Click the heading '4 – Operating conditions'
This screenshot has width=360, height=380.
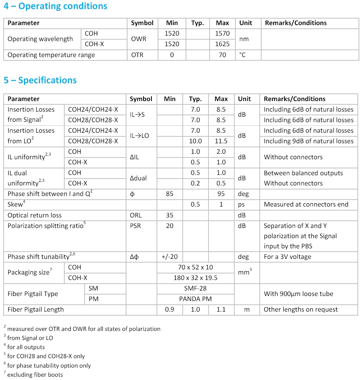[x=56, y=6]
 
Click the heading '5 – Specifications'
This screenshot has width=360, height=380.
[x=40, y=80]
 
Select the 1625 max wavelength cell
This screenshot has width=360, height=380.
[x=222, y=44]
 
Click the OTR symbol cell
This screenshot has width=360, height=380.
[x=137, y=55]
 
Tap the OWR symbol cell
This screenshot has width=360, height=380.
[x=138, y=39]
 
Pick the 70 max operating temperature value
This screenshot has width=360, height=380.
[x=222, y=55]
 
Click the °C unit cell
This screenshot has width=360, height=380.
[x=242, y=55]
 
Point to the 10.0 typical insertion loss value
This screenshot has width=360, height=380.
[x=195, y=141]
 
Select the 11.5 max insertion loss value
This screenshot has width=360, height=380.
[x=221, y=141]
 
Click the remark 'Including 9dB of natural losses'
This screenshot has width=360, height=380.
[x=308, y=141]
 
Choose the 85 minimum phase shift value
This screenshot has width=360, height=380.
[x=170, y=194]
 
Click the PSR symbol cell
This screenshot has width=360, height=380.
[x=135, y=226]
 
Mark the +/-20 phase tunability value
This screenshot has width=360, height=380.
[x=170, y=257]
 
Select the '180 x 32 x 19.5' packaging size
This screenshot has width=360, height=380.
[x=195, y=278]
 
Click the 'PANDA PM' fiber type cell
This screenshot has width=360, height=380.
[x=195, y=299]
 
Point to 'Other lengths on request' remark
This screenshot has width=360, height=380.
[x=300, y=309]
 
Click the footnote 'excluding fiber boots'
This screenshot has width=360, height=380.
[x=35, y=375]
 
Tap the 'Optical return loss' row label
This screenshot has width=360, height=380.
[x=35, y=215]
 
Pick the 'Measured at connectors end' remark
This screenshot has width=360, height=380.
[x=306, y=204]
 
